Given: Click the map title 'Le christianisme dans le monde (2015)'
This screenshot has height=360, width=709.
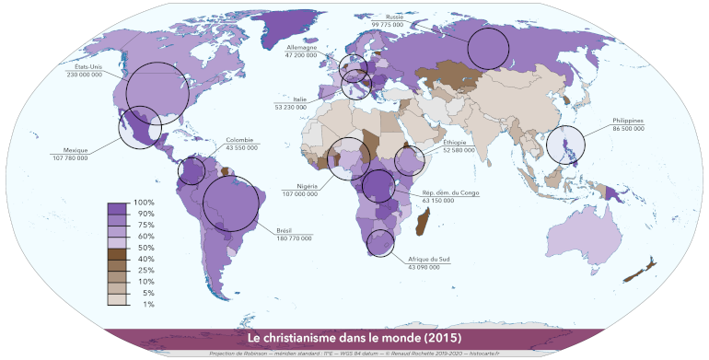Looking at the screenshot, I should (354, 338).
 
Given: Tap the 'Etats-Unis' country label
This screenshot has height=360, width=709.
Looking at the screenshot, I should (89, 66).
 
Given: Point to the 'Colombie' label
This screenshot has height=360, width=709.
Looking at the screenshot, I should (239, 140).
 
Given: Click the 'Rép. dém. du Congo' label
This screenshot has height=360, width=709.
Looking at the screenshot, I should (447, 192).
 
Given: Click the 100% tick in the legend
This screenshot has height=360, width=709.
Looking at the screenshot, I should (144, 202).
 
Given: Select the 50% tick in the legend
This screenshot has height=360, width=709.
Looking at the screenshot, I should (144, 249).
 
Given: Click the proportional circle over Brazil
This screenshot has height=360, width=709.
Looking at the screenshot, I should (231, 203).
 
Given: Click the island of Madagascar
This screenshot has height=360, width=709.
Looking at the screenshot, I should (425, 222).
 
